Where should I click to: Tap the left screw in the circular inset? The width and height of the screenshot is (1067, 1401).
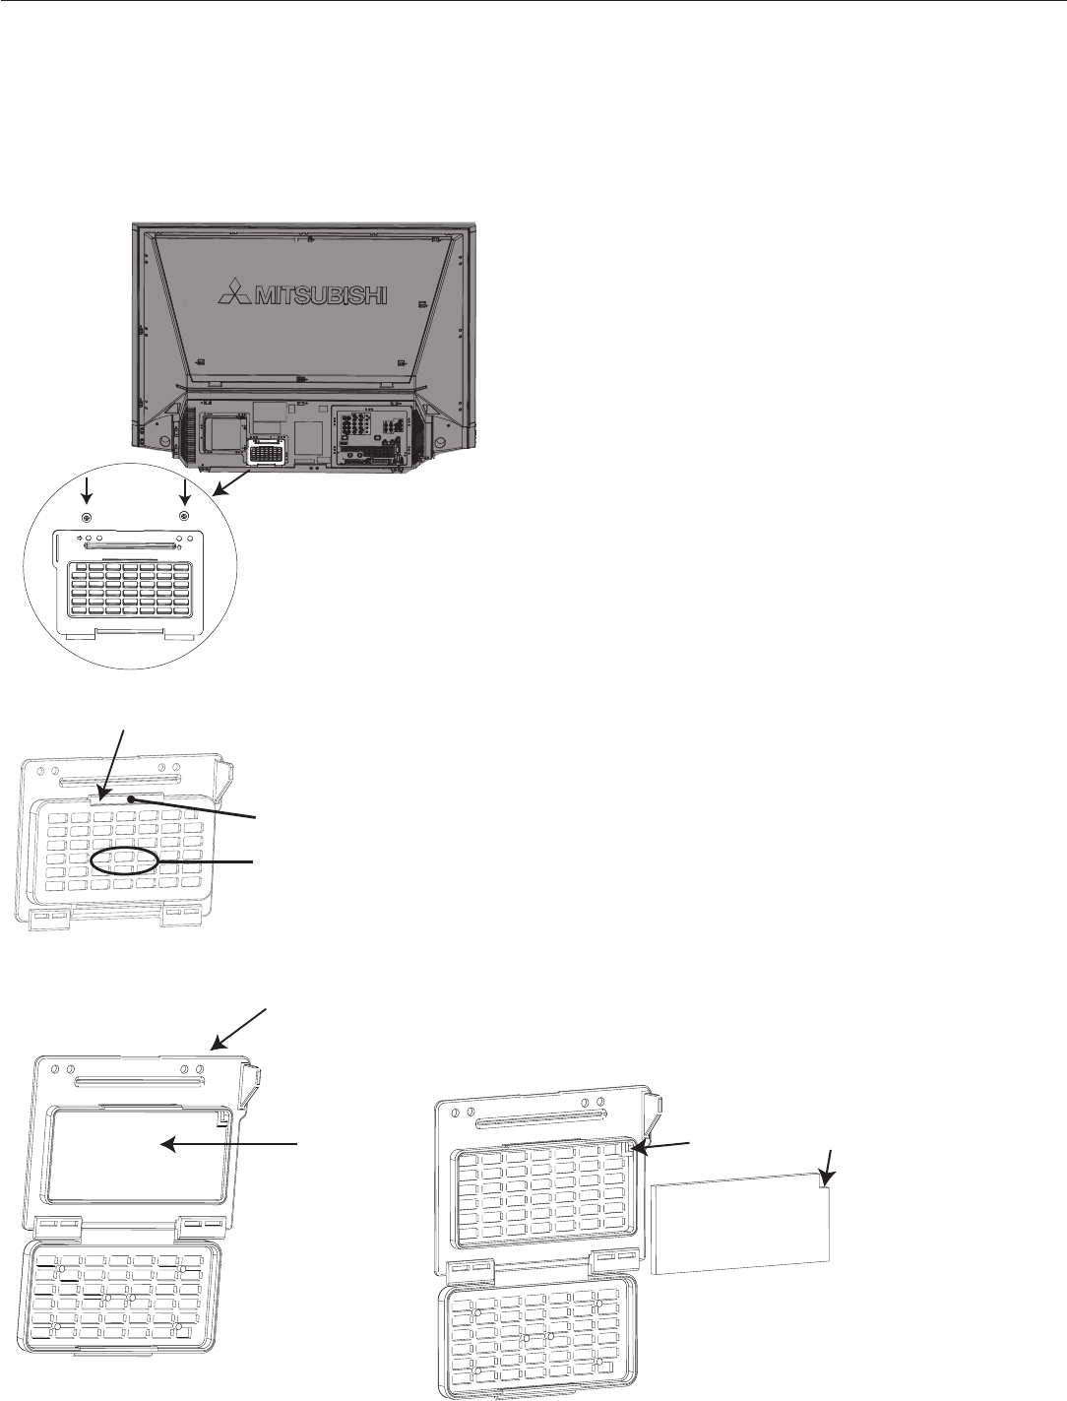pos(87,518)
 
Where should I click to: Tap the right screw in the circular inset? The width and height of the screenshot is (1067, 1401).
pos(184,518)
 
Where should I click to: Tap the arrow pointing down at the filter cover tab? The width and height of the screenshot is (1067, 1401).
pos(115,763)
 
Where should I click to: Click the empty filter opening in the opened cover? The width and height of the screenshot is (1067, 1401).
pos(133,1152)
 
